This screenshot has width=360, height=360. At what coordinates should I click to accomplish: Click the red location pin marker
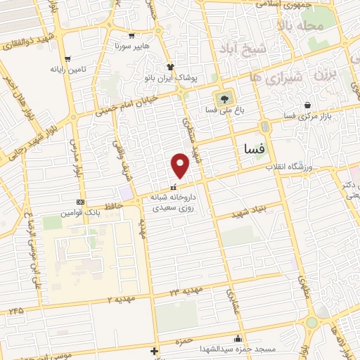pos(181,165)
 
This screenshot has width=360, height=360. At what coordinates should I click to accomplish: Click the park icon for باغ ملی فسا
pos(224,98)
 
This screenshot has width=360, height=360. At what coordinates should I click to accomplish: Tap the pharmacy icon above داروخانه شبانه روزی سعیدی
pos(174,188)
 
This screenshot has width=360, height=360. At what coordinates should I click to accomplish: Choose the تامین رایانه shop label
pos(67,70)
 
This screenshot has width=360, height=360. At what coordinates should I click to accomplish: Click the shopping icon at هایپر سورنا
pos(131,35)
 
